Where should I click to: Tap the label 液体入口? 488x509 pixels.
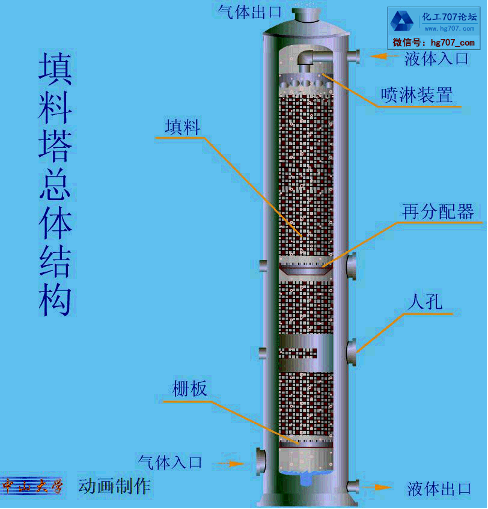click(x=436, y=58)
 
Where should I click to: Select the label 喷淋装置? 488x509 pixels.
click(x=416, y=95)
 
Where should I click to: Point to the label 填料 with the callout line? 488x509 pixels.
click(x=183, y=126)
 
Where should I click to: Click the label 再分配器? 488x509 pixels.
click(x=438, y=212)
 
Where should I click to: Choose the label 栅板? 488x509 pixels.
click(x=190, y=389)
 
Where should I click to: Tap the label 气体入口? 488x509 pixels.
click(x=170, y=462)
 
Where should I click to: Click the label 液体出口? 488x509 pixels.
click(x=439, y=489)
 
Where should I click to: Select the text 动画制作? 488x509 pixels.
click(x=114, y=486)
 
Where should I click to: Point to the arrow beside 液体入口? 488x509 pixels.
click(x=382, y=56)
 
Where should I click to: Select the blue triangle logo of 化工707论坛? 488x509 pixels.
click(x=402, y=22)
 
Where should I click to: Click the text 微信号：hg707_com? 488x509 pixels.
click(x=433, y=43)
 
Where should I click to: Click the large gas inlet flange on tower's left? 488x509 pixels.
click(x=260, y=461)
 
